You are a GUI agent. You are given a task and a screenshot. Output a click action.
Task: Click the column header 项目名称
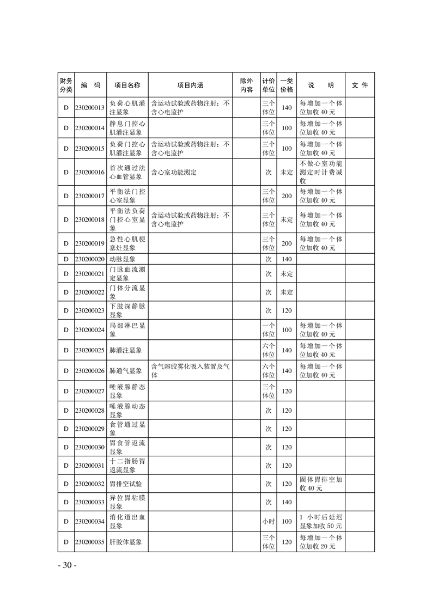point(127,85)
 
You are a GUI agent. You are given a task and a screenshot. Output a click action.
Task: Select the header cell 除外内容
point(246,85)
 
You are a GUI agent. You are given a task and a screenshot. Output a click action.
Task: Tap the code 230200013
point(90,107)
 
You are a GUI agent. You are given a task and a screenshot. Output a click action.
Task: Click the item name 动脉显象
point(123,259)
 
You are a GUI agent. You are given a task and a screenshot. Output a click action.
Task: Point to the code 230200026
point(90,371)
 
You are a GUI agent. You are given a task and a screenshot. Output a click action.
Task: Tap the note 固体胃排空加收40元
point(321,484)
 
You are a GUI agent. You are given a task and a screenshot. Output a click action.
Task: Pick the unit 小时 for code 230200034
point(268,521)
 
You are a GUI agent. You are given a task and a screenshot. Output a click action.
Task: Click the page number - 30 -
point(67,565)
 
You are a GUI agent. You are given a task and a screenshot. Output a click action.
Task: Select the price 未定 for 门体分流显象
point(287,292)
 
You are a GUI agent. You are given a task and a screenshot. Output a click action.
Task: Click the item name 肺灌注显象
point(126,350)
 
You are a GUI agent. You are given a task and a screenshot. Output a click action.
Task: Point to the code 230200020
point(90,259)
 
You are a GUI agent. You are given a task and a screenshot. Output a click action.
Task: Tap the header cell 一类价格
point(287,85)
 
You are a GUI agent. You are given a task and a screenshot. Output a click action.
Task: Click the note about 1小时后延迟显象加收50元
point(321,521)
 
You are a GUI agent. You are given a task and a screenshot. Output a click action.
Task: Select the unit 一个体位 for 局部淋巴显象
point(268,329)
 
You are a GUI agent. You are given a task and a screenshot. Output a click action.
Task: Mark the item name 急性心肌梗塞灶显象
point(127,243)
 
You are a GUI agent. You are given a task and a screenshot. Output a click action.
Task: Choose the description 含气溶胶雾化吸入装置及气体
point(190,371)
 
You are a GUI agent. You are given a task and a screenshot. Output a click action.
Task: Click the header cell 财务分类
point(65,85)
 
